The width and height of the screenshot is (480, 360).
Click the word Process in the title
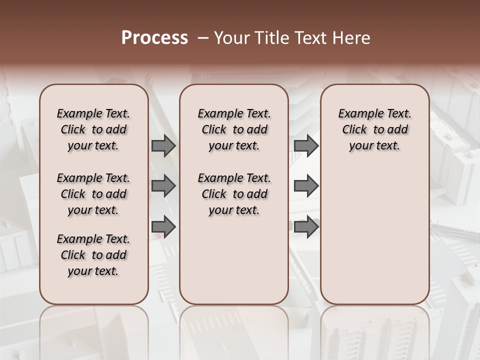tap(154, 38)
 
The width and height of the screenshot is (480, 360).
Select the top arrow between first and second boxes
tap(163, 145)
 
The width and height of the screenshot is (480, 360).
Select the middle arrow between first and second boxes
tap(163, 186)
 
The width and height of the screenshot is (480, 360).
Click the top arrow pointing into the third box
tap(306, 145)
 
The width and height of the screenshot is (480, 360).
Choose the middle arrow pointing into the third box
tap(306, 186)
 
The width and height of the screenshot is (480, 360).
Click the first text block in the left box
tap(93, 129)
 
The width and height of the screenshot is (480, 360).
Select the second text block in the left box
tap(93, 194)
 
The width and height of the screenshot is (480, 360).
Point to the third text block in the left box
tap(93, 255)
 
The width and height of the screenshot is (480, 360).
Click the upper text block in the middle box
tap(234, 129)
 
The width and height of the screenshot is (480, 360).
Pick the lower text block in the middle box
tap(234, 194)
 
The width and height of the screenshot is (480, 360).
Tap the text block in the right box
tap(374, 129)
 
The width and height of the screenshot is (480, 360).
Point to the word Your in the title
tap(231, 38)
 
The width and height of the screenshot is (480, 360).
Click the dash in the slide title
tap(203, 38)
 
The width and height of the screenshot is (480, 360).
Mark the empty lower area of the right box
tap(374, 230)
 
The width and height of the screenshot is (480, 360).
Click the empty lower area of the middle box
tap(234, 260)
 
